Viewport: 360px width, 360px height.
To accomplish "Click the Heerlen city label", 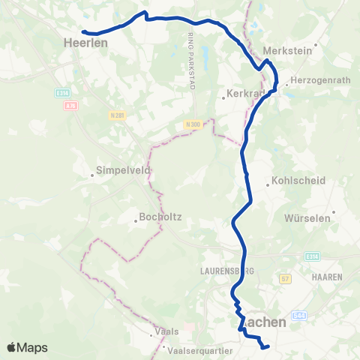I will click(88, 43).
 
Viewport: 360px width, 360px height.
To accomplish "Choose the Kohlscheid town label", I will click(292, 181).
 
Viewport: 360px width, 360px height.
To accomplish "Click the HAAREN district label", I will click(326, 277).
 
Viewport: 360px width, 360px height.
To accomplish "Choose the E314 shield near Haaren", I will click(313, 256).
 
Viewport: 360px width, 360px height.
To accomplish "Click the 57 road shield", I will click(284, 278).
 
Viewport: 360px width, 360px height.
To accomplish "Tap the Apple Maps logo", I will click(27, 347).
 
